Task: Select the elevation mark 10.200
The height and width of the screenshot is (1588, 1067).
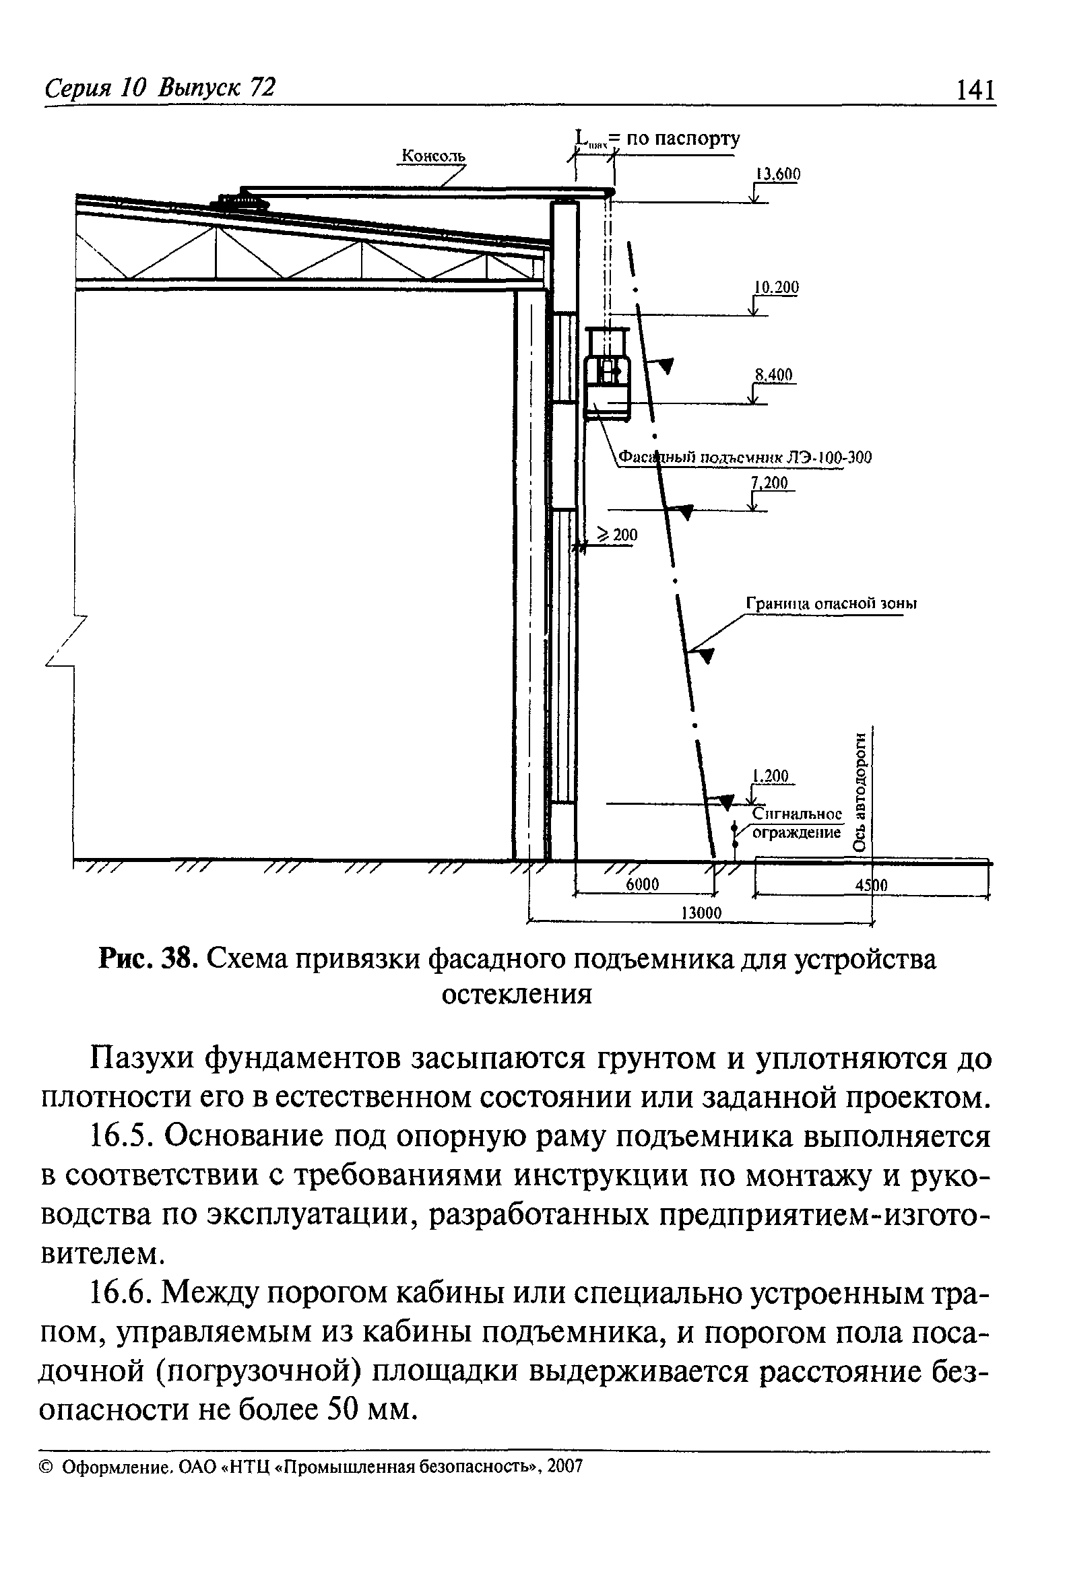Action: tap(776, 287)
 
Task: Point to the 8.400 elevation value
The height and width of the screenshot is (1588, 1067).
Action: tap(775, 375)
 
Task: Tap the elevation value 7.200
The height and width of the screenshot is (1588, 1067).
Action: tap(771, 483)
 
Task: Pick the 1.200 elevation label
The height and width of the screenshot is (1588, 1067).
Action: tap(771, 776)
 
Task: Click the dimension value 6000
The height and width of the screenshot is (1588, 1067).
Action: tap(642, 884)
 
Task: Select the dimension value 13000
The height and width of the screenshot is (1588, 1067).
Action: tap(701, 913)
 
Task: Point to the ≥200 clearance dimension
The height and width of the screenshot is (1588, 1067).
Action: tap(618, 535)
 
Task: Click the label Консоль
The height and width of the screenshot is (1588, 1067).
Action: tap(434, 156)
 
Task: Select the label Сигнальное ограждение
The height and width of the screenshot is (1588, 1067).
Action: tap(797, 823)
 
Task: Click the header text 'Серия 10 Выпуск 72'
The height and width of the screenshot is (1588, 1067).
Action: tap(160, 88)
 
